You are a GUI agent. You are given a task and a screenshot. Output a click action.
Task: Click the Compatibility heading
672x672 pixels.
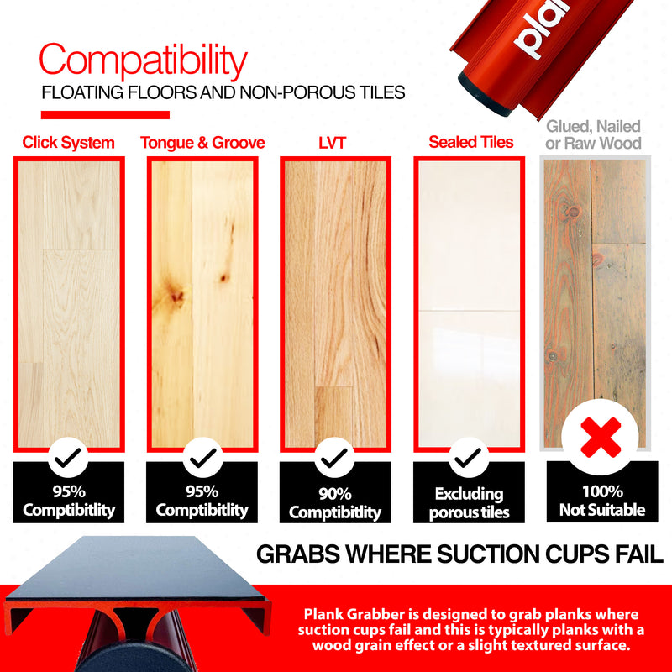click(144, 61)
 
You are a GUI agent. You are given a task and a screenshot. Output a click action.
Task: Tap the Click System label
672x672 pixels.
click(69, 143)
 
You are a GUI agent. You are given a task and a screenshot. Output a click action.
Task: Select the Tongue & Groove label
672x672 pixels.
click(202, 143)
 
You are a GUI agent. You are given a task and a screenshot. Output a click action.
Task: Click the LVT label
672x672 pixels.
click(333, 143)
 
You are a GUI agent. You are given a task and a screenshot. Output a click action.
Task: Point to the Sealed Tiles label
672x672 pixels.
click(470, 142)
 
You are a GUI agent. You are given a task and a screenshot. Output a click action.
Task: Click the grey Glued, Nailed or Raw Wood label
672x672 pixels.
click(593, 134)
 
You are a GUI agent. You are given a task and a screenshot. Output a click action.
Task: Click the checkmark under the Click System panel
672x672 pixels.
click(69, 457)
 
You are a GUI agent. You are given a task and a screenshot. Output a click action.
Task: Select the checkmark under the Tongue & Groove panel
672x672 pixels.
click(202, 457)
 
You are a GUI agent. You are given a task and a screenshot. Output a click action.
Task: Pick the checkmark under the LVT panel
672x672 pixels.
click(335, 457)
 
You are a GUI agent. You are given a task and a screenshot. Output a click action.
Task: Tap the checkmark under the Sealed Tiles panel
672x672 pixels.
click(470, 457)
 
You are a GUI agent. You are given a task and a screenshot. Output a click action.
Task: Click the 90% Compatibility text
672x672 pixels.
click(335, 502)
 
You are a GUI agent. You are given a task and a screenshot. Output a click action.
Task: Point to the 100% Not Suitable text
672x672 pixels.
click(602, 501)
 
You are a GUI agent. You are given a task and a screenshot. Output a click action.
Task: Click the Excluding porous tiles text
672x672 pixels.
click(470, 503)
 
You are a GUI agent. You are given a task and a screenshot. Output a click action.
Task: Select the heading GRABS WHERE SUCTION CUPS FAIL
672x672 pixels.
click(459, 554)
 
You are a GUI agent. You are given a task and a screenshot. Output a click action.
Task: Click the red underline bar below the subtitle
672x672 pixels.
click(105, 115)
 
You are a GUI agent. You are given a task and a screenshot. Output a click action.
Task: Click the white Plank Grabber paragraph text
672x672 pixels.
click(471, 630)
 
